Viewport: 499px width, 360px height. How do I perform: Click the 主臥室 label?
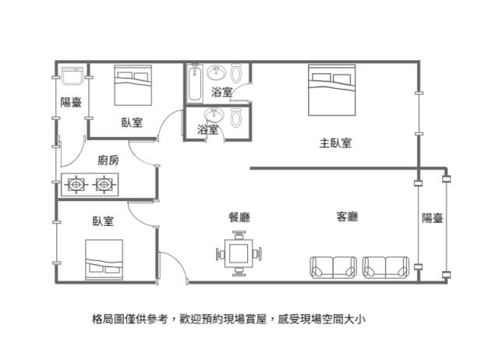tap(334, 143)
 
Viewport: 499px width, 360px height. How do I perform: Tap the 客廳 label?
tap(347, 217)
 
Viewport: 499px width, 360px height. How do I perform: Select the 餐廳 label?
tap(239, 217)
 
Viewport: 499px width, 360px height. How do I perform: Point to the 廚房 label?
tap(108, 161)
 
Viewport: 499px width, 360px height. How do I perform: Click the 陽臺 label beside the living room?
tap(433, 217)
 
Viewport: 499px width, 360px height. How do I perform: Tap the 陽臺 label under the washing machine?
tap(72, 103)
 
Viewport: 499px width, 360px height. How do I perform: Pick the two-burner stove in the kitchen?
tap(90, 185)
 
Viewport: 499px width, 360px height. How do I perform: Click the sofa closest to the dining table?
tap(333, 267)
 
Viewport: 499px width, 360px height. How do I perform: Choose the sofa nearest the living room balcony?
tap(385, 267)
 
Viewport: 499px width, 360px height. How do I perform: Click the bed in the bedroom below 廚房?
tap(105, 259)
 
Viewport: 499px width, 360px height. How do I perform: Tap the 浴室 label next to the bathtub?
tap(221, 93)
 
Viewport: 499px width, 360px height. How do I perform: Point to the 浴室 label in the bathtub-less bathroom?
tap(207, 130)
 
